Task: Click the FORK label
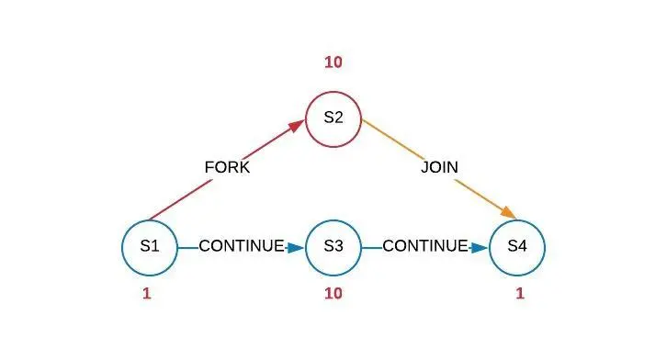tap(226, 168)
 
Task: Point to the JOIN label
tap(439, 168)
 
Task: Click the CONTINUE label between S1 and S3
tap(241, 246)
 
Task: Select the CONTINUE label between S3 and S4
tap(424, 246)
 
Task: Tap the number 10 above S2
tap(333, 62)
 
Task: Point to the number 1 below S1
tap(146, 294)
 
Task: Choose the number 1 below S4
tap(519, 294)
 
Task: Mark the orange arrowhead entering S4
tap(507, 213)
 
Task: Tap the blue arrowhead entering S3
tap(295, 247)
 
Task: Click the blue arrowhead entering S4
tap(479, 247)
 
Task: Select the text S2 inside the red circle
tap(333, 118)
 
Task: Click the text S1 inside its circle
tap(150, 246)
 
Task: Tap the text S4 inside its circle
tap(517, 246)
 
